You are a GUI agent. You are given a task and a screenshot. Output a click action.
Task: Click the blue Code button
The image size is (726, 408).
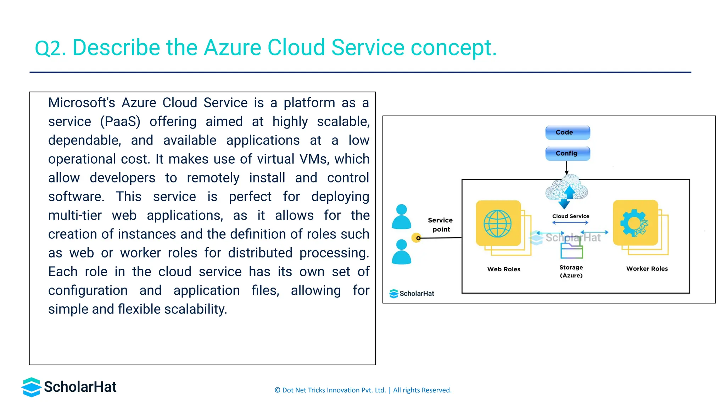568,132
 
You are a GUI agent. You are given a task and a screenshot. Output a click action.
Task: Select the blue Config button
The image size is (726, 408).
568,153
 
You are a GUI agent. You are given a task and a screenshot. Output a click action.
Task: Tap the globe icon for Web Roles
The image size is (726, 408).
498,223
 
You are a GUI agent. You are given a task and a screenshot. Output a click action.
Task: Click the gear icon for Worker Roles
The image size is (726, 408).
634,223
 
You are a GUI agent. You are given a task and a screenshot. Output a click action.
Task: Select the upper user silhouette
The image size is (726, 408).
401,216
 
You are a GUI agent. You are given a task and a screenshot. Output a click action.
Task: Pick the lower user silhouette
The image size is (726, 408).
401,252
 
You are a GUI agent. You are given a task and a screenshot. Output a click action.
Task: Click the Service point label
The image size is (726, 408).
440,225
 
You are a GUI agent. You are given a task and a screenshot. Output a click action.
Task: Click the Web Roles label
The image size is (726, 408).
503,269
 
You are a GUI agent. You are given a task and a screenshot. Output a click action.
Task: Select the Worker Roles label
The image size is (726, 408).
647,269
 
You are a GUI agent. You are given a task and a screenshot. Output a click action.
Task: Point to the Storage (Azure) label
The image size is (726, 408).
571,271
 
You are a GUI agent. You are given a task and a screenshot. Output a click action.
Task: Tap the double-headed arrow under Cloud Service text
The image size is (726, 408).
570,223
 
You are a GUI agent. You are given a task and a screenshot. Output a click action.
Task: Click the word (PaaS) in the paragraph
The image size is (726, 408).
120,122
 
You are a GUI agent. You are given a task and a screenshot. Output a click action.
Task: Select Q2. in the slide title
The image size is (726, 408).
50,48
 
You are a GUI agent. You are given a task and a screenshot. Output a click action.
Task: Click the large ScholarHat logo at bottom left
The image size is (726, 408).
69,387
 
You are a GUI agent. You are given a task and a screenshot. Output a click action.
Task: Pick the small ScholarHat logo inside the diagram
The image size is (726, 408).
412,294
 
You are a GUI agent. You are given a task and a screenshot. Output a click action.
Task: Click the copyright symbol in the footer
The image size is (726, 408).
278,390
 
